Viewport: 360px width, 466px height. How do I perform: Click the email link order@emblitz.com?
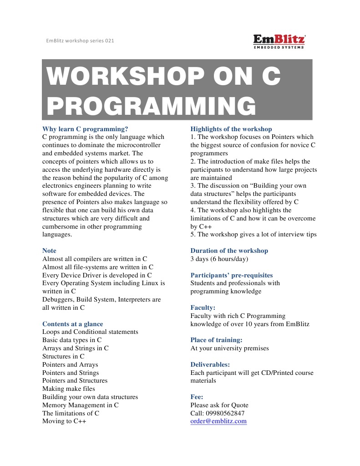[x=218, y=421]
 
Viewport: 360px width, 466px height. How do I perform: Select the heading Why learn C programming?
[x=85, y=129]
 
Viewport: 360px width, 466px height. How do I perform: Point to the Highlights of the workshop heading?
[x=231, y=129]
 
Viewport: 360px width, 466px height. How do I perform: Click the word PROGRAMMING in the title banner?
[x=151, y=106]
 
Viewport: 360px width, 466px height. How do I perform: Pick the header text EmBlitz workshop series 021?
[x=80, y=41]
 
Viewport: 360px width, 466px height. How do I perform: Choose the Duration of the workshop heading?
[x=229, y=251]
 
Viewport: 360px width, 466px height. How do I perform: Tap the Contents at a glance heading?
[x=73, y=324]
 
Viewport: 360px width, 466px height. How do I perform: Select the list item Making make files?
[x=69, y=389]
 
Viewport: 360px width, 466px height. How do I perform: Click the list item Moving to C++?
[x=64, y=421]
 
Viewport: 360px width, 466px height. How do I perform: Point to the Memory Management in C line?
[x=81, y=405]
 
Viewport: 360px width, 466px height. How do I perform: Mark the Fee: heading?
[x=197, y=397]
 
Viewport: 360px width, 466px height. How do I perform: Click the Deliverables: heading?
[x=210, y=364]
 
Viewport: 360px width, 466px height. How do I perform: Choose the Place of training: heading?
[x=216, y=340]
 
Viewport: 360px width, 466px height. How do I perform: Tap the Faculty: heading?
[x=203, y=307]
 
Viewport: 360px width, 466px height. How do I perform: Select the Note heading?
[x=50, y=251]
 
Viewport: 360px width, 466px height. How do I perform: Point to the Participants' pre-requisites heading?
[x=232, y=275]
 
